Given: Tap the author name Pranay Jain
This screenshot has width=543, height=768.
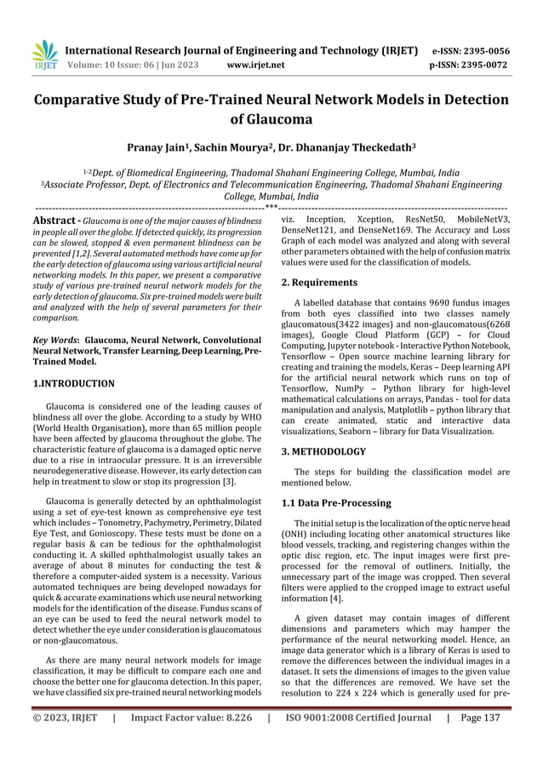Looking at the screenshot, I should coord(161,147).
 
